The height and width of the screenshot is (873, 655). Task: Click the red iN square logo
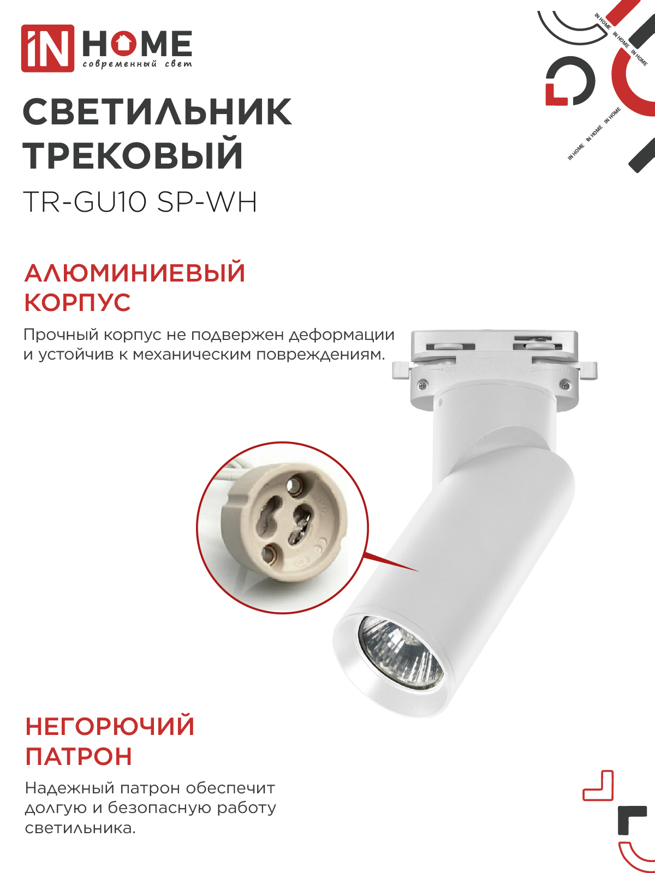click(x=47, y=48)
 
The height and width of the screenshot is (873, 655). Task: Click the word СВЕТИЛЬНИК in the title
click(x=158, y=113)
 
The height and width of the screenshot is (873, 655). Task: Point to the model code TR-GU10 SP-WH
click(x=140, y=202)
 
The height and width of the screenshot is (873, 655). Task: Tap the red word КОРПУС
click(x=78, y=303)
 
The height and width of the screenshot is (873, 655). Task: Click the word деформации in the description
click(x=342, y=335)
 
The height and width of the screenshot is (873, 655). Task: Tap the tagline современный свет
click(x=137, y=64)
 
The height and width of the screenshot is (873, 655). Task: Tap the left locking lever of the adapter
click(x=402, y=369)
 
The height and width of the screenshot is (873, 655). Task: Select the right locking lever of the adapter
click(x=587, y=370)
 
